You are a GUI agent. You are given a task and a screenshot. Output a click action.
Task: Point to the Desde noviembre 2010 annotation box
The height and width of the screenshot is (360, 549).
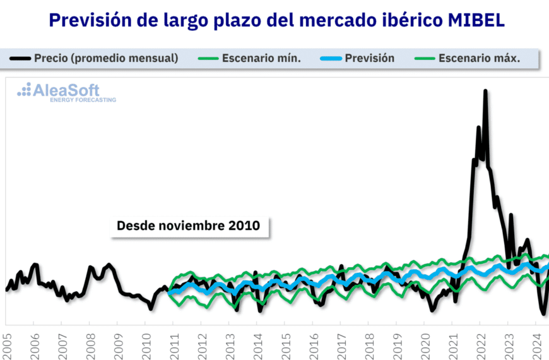click(x=188, y=225)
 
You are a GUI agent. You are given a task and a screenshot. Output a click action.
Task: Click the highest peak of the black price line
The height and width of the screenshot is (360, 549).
click(x=485, y=92)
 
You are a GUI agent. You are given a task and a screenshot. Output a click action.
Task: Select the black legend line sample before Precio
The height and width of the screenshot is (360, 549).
click(x=20, y=58)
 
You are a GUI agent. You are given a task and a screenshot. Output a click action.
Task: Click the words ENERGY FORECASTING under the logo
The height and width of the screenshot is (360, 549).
click(x=83, y=100)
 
